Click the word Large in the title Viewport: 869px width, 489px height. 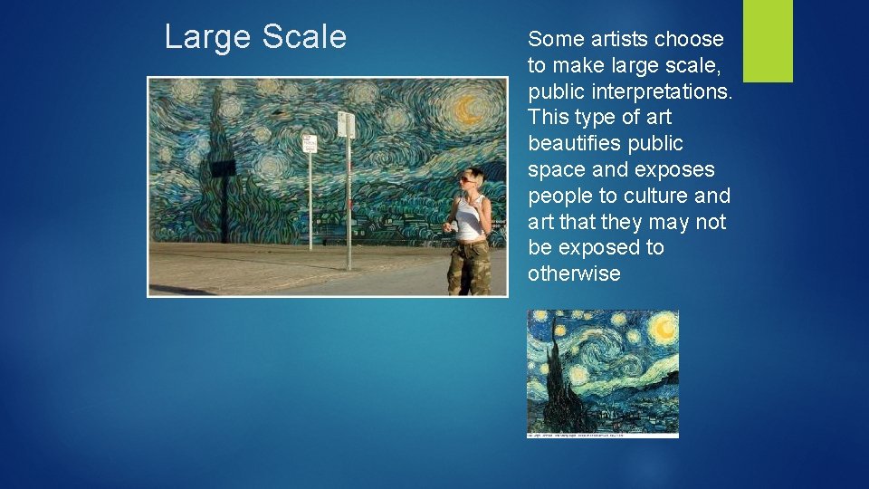point(204,37)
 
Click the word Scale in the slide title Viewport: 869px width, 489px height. point(304,37)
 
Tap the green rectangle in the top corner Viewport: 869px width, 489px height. point(768,41)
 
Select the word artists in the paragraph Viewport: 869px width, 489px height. point(618,39)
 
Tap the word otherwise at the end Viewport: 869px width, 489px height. point(574,274)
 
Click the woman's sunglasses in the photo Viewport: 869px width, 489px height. point(467,179)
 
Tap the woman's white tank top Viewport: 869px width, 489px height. point(469,220)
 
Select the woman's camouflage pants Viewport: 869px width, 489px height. point(469,266)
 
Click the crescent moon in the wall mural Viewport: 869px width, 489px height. point(467,110)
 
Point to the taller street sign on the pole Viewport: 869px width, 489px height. point(346,125)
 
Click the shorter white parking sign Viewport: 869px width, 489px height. point(310,143)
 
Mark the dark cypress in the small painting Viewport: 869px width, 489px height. point(554,380)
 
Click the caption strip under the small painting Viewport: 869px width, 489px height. point(603,436)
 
